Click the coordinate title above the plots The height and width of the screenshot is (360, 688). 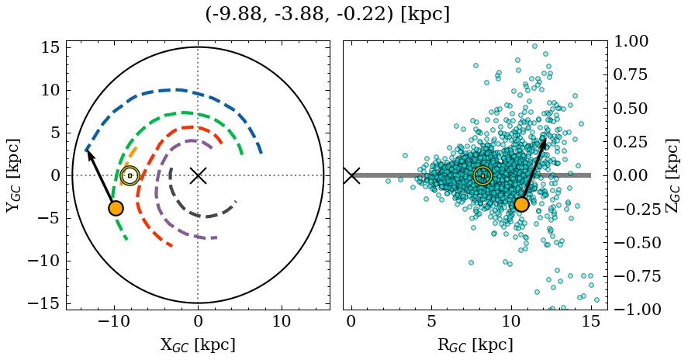[327, 15]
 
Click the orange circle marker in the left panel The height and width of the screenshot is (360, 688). [116, 208]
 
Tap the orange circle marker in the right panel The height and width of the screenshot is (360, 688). [521, 204]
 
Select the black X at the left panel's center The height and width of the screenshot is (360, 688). [198, 175]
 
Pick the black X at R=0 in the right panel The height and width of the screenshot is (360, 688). [351, 175]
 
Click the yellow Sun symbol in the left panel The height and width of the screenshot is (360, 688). [130, 175]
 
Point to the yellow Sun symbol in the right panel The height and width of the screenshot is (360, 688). [482, 175]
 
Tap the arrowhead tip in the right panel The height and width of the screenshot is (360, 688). [545, 138]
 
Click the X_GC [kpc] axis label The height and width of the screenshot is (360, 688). [198, 345]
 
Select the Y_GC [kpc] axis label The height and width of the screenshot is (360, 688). [13, 175]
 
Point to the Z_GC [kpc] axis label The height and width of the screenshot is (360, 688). [672, 175]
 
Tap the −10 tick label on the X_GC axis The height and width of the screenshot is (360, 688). [115, 321]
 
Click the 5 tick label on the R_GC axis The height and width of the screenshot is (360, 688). [431, 321]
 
